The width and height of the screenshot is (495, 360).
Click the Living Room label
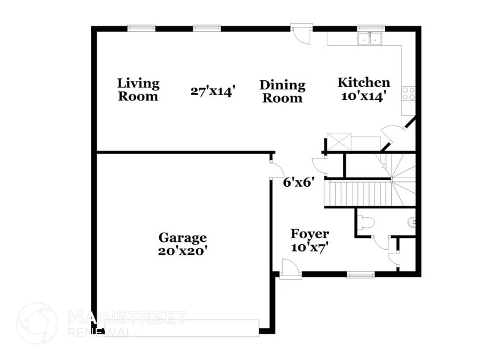[x=138, y=89]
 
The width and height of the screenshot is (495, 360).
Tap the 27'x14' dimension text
[x=213, y=91]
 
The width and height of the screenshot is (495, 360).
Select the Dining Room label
[x=282, y=91]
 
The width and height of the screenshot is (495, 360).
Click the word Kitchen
[x=364, y=83]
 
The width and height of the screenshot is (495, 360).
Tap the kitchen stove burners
[x=408, y=93]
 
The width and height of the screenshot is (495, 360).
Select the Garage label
[x=182, y=238]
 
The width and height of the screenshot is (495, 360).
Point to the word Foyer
[x=310, y=234]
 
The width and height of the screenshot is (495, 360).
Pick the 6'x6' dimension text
[x=299, y=182]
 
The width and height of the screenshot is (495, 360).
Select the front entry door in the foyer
[x=289, y=269]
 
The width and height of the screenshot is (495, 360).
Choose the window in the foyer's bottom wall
[x=360, y=275]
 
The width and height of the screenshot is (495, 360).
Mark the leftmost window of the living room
[x=141, y=28]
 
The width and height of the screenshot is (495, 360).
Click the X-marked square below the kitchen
[x=338, y=142]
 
